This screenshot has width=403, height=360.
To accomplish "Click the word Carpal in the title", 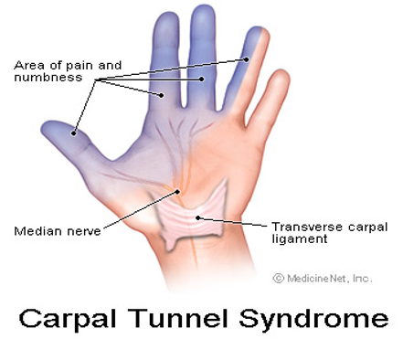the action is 68,319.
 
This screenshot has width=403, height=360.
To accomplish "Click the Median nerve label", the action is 58,231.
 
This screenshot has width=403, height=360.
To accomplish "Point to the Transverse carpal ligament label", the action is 330,233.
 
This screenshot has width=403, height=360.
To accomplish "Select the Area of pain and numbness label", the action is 68,71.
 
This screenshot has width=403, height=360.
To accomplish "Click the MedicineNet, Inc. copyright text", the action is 323,278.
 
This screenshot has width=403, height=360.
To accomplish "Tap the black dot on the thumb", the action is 74,133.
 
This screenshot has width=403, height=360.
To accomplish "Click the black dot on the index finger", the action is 162,95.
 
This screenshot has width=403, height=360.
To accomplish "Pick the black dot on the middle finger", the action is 202,79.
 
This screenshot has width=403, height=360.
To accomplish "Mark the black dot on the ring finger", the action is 246,59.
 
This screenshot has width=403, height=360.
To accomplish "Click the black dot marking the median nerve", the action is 177,192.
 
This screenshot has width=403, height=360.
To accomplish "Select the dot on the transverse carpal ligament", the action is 198,217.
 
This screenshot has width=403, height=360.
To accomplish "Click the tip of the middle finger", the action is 203,5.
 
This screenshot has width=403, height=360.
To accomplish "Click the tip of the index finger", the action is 167,13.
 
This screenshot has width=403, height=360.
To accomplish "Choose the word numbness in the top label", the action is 48,78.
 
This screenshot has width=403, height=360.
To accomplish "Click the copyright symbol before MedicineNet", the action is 278,278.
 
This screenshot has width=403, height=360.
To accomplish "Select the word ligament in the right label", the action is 300,239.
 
